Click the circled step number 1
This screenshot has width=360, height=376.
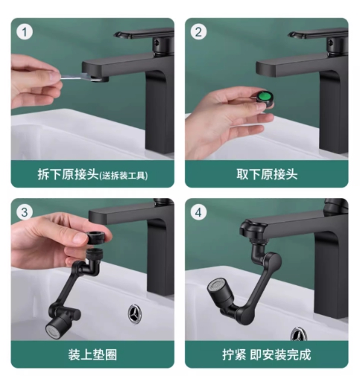[x=25, y=32]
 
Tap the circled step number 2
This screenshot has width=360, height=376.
[x=198, y=32]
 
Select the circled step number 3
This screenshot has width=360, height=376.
[x=25, y=212]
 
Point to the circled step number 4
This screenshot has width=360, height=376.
[x=198, y=212]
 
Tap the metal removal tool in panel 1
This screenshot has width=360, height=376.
[x=81, y=77]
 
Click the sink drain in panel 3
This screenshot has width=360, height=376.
[x=135, y=313]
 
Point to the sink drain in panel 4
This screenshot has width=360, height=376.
[x=299, y=334]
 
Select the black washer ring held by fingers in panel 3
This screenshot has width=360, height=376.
[x=100, y=237]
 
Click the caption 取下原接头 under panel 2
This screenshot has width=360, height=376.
[x=267, y=174]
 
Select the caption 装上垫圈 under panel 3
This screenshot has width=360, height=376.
[x=92, y=354]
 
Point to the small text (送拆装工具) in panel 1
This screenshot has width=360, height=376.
[x=124, y=176]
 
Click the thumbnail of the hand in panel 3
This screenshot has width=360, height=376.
[x=80, y=238]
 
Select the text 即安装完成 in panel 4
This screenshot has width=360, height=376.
[x=280, y=354]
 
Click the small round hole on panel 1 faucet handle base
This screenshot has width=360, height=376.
[x=157, y=42]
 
